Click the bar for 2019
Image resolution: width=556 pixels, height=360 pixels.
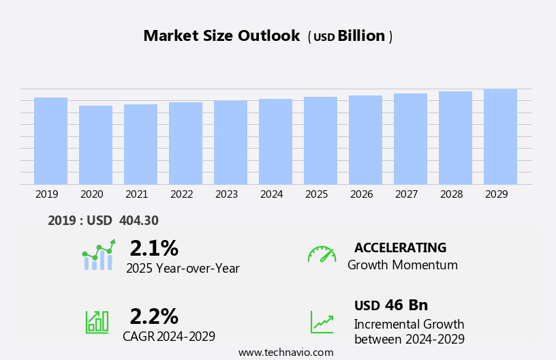click(50, 141)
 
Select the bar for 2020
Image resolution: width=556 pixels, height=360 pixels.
click(95, 145)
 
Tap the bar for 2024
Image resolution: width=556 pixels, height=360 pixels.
click(275, 142)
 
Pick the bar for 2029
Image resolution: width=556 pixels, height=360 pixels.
click(500, 136)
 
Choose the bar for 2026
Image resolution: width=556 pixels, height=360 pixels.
click(365, 140)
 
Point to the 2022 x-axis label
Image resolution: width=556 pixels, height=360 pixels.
click(181, 194)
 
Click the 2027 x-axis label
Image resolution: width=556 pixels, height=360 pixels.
click(406, 194)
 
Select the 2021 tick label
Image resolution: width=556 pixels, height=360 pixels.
click(136, 194)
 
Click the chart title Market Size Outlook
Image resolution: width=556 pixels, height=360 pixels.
click(221, 36)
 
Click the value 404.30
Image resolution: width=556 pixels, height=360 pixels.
click(138, 220)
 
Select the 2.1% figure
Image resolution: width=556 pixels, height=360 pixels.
click(154, 247)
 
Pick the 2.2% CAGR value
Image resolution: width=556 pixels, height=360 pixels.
click(154, 316)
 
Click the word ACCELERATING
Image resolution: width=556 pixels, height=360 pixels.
click(400, 247)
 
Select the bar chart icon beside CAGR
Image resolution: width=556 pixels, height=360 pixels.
click(97, 321)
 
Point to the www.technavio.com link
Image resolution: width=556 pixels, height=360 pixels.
click(285, 352)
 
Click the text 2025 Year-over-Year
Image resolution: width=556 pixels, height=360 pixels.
click(183, 269)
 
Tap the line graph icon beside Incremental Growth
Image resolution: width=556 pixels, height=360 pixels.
click(322, 322)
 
